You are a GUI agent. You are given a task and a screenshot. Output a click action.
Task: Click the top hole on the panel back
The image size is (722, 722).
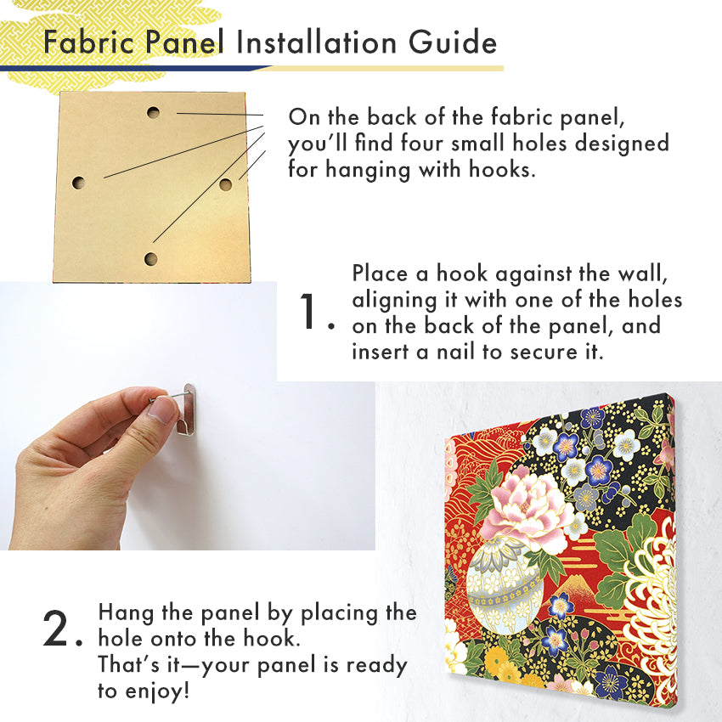154,112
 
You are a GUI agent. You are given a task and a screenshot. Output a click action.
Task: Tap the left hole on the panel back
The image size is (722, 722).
79,183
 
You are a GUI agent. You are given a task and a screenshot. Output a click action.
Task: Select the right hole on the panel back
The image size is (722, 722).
226,184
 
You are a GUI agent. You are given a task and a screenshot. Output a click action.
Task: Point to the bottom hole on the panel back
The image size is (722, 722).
150,259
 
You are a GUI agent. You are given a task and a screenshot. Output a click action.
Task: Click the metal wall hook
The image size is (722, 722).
188,409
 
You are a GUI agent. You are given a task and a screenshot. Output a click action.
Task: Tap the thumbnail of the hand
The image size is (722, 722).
161,409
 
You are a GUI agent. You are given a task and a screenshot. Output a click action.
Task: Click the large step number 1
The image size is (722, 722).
308,311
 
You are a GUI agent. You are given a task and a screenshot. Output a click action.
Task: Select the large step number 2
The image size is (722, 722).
55,628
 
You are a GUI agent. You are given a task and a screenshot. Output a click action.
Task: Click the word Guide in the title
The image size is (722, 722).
453,42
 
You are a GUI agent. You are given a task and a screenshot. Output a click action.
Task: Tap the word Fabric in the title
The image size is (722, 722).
89,42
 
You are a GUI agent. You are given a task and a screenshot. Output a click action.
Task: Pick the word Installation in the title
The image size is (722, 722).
316,42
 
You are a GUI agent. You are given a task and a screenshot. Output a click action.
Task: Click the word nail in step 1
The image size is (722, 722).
456,352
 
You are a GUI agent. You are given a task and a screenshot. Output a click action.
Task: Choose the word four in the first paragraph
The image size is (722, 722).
423,143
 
